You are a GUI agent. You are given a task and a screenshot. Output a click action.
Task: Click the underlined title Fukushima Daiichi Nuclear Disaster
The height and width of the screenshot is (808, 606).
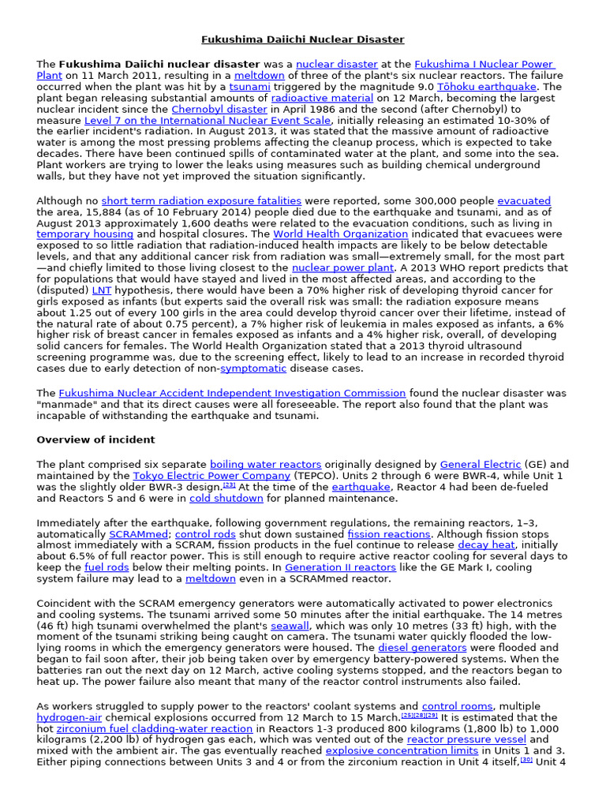[x=302, y=39]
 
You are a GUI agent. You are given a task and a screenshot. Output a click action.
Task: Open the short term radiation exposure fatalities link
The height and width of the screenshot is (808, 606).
[x=201, y=201]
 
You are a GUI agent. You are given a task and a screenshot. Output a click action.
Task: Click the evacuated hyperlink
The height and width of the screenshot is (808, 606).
[x=524, y=201]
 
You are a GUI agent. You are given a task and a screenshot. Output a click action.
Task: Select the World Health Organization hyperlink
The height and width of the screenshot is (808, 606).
[x=341, y=234]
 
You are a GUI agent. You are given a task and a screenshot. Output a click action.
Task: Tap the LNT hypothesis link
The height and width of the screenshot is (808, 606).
[x=102, y=290]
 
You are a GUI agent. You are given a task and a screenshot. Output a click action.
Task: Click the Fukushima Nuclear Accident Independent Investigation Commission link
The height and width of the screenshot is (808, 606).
[x=232, y=392]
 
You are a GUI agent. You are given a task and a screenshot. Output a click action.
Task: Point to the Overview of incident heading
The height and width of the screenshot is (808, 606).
[x=95, y=440]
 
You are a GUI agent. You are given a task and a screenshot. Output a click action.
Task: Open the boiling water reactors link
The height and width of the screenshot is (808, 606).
[x=265, y=465]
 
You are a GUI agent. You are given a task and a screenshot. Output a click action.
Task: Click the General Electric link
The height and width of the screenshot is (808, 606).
[x=480, y=465]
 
